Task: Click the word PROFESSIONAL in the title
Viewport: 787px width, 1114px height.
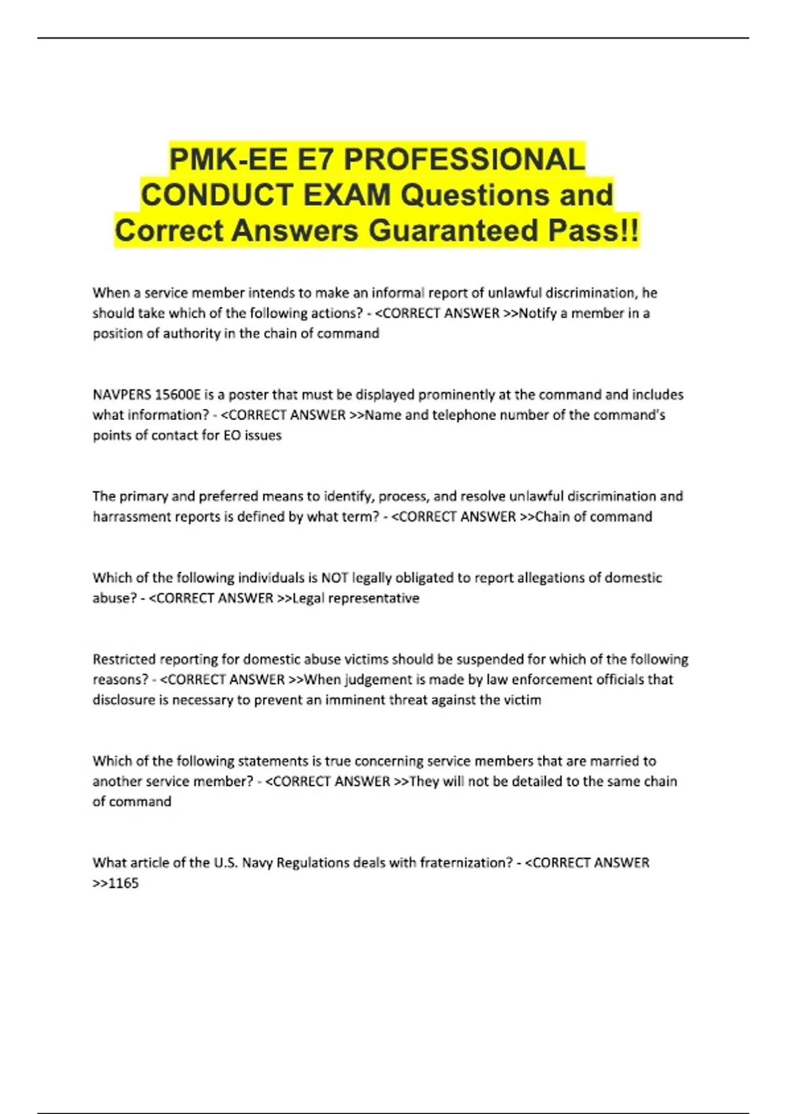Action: [x=464, y=159]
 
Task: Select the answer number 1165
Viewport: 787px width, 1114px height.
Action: [x=123, y=883]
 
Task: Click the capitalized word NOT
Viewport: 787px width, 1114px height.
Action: [x=334, y=577]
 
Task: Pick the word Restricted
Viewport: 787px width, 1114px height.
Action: [x=123, y=659]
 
